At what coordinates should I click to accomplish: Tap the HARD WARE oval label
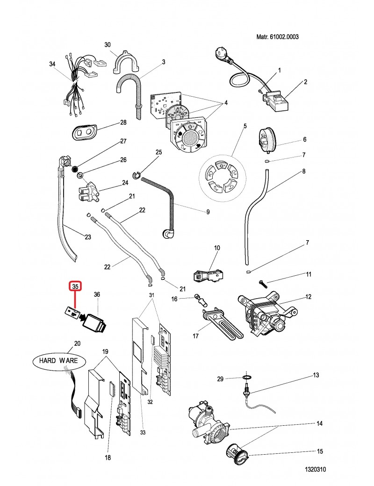56,361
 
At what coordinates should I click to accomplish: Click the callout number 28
123,122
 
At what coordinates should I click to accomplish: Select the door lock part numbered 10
208,275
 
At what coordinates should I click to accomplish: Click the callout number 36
97,294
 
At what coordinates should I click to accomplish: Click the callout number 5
244,126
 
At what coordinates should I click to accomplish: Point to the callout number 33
143,433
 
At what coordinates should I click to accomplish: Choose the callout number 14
320,424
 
